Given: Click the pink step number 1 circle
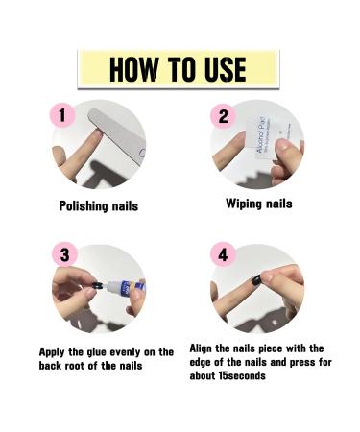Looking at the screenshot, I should pyautogui.click(x=62, y=116).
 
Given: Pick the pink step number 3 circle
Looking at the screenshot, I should pyautogui.click(x=63, y=255).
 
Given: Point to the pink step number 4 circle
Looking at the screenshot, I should pyautogui.click(x=224, y=256).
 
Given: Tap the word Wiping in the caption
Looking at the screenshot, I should pyautogui.click(x=246, y=204).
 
